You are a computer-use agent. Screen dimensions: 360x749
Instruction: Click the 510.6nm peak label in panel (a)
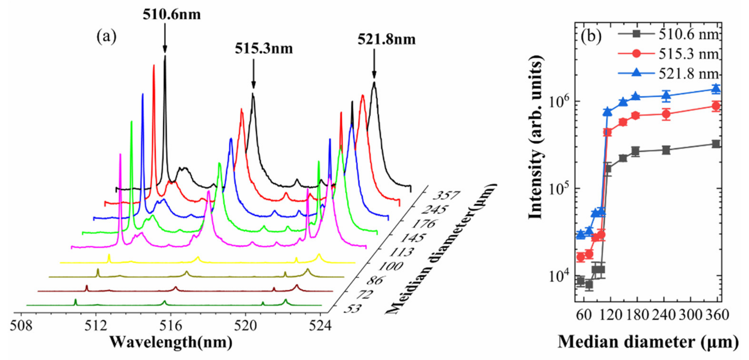tap(171, 14)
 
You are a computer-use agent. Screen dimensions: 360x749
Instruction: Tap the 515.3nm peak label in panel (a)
tap(264, 49)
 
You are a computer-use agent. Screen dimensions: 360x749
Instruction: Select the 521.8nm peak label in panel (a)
tap(386, 39)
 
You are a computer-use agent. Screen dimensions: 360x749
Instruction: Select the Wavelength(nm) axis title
tap(171, 342)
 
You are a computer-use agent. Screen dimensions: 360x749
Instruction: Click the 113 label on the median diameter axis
tap(401, 252)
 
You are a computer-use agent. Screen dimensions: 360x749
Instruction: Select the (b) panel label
tap(590, 37)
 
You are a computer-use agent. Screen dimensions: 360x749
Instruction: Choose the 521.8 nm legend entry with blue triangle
tap(669, 74)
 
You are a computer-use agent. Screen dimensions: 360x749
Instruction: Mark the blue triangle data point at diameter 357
tap(716, 89)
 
